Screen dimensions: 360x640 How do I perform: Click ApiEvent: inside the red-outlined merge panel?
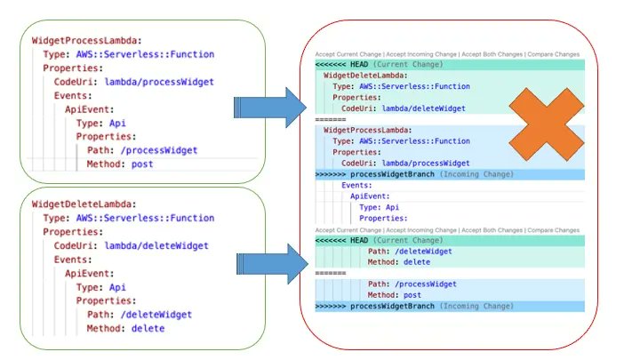(371, 196)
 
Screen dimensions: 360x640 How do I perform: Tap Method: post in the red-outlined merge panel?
(397, 294)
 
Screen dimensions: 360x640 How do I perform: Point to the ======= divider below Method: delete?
(330, 273)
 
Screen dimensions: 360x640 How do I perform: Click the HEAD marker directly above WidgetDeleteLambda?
(348, 65)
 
